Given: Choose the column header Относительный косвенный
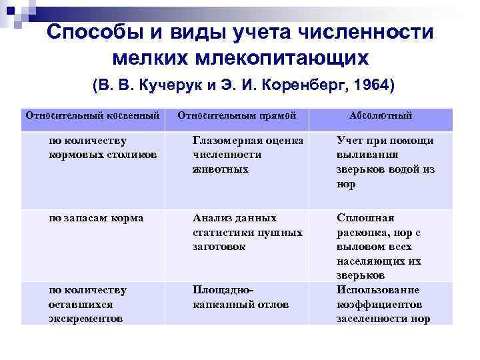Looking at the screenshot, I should coord(93,115).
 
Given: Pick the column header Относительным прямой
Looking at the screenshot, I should coord(237,115).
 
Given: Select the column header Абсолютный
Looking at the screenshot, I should coord(381,115).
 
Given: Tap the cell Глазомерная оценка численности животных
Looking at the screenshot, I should coord(247,155).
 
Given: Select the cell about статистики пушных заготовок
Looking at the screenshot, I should coord(247,232).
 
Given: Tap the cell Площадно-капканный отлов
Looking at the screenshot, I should coord(241,297).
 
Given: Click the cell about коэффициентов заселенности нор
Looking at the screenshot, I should coord(383,304).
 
